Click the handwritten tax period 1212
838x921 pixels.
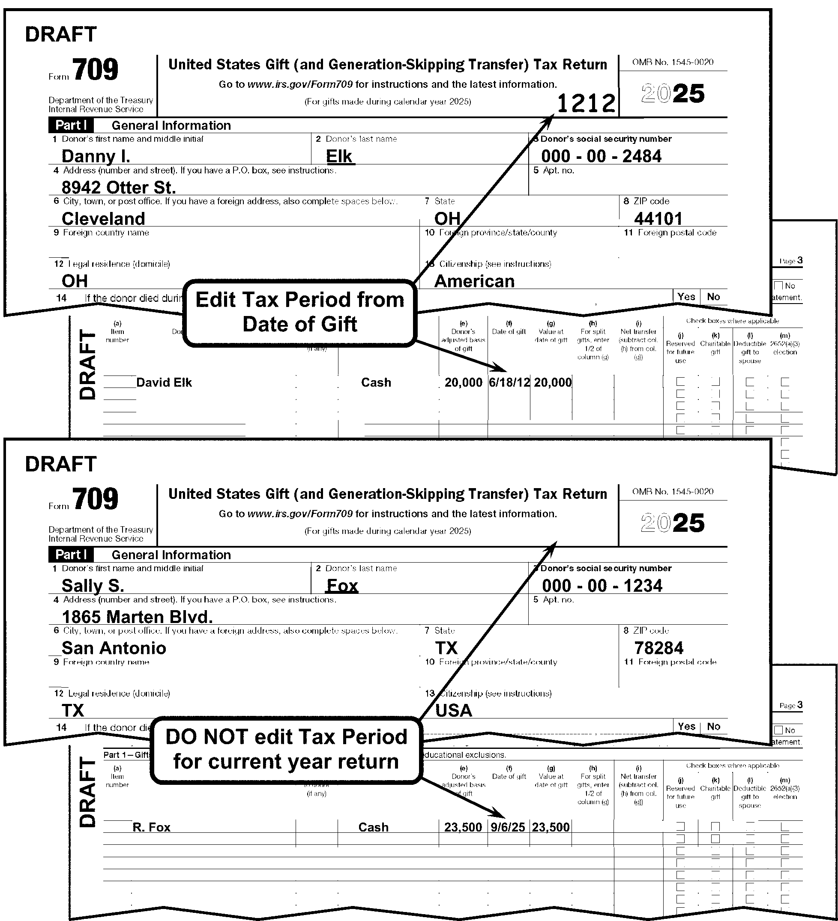coord(586,104)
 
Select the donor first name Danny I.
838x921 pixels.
coord(96,156)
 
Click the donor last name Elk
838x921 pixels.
coord(340,156)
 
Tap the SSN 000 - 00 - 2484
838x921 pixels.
coord(601,156)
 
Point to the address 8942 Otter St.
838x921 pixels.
coord(118,187)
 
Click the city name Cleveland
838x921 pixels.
coord(103,218)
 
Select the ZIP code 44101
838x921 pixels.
coord(658,218)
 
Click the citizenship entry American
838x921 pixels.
coord(474,281)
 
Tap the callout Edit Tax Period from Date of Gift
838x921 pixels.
coord(299,313)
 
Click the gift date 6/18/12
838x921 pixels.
coord(509,382)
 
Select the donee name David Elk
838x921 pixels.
coord(164,382)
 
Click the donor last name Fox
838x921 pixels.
coord(342,586)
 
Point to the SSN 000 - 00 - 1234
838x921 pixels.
coord(602,586)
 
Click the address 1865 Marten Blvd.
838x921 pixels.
coord(137,617)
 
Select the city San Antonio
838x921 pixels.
coord(114,648)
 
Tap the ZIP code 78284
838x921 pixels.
coord(658,648)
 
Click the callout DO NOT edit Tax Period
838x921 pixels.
coord(286,749)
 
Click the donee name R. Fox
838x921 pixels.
coord(151,827)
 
